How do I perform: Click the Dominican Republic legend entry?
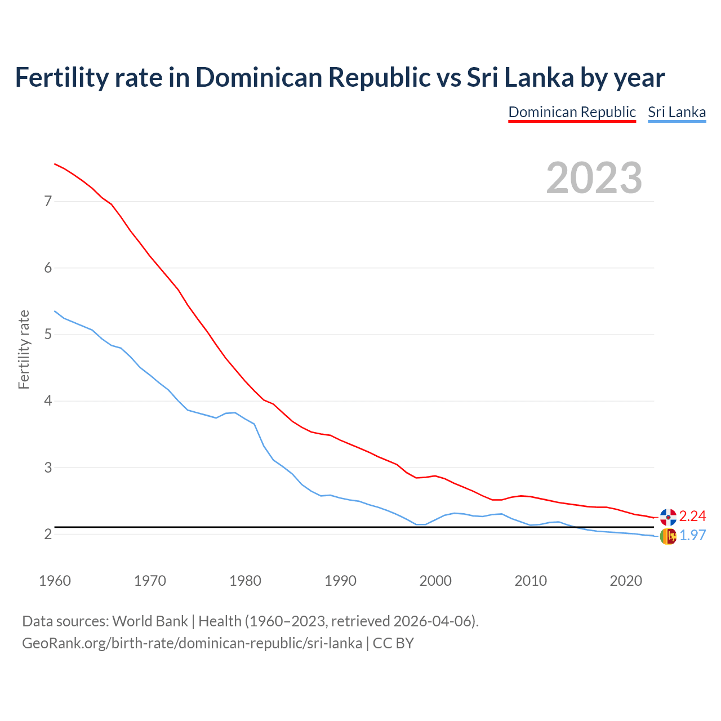(x=572, y=112)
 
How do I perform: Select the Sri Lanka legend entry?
(x=677, y=112)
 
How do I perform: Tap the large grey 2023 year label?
(x=594, y=178)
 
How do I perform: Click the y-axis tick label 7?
(x=48, y=201)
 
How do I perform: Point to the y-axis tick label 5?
(x=48, y=334)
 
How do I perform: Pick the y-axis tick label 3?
(x=48, y=468)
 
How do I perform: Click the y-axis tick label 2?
(x=48, y=534)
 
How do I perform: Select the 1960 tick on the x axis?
(x=55, y=581)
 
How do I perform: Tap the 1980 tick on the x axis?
(x=245, y=581)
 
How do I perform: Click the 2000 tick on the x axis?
(x=435, y=581)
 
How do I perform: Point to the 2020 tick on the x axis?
(x=626, y=581)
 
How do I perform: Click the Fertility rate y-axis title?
(x=24, y=349)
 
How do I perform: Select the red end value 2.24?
(x=692, y=516)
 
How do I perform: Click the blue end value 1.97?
(x=692, y=535)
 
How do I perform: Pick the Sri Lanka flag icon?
(x=668, y=536)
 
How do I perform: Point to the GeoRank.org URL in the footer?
(x=192, y=643)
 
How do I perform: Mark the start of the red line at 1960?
(x=55, y=164)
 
